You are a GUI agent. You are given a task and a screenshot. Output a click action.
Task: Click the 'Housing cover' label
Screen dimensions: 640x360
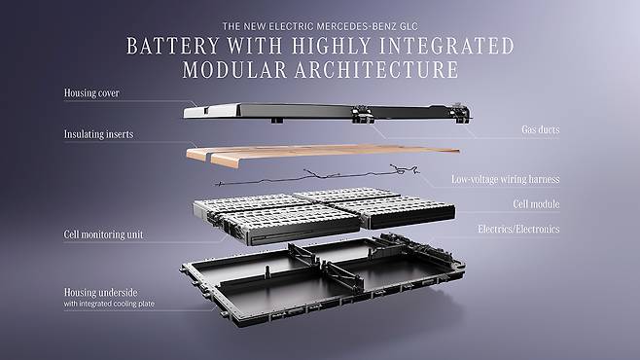click(x=91, y=93)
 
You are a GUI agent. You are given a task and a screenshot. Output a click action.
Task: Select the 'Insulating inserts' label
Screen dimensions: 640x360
click(x=98, y=134)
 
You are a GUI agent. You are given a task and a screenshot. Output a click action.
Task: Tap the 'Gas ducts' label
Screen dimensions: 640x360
click(x=541, y=129)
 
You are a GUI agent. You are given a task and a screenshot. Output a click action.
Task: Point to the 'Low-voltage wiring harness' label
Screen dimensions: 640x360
click(x=506, y=179)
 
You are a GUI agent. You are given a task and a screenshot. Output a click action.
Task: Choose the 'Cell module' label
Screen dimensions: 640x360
click(x=536, y=204)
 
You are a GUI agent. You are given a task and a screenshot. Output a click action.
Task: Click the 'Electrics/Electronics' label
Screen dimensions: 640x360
click(x=518, y=229)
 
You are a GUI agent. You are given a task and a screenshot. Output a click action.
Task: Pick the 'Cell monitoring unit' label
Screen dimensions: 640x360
click(x=103, y=234)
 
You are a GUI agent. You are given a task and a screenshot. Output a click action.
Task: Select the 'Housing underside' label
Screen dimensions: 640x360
click(x=100, y=293)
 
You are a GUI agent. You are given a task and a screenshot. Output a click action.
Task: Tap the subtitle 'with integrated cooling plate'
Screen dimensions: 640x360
click(x=109, y=304)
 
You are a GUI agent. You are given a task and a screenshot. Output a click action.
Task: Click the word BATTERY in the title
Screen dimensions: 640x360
click(x=173, y=46)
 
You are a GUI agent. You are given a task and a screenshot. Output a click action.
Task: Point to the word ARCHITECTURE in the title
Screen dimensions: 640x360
click(x=376, y=70)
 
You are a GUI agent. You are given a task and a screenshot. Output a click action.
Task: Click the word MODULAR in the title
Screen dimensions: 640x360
click(x=234, y=70)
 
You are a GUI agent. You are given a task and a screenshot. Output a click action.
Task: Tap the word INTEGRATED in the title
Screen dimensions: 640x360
click(x=446, y=46)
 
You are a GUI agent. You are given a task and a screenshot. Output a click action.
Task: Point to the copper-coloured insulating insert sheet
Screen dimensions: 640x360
click(x=323, y=154)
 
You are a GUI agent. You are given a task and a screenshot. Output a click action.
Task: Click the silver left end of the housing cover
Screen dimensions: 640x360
click(x=211, y=111)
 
